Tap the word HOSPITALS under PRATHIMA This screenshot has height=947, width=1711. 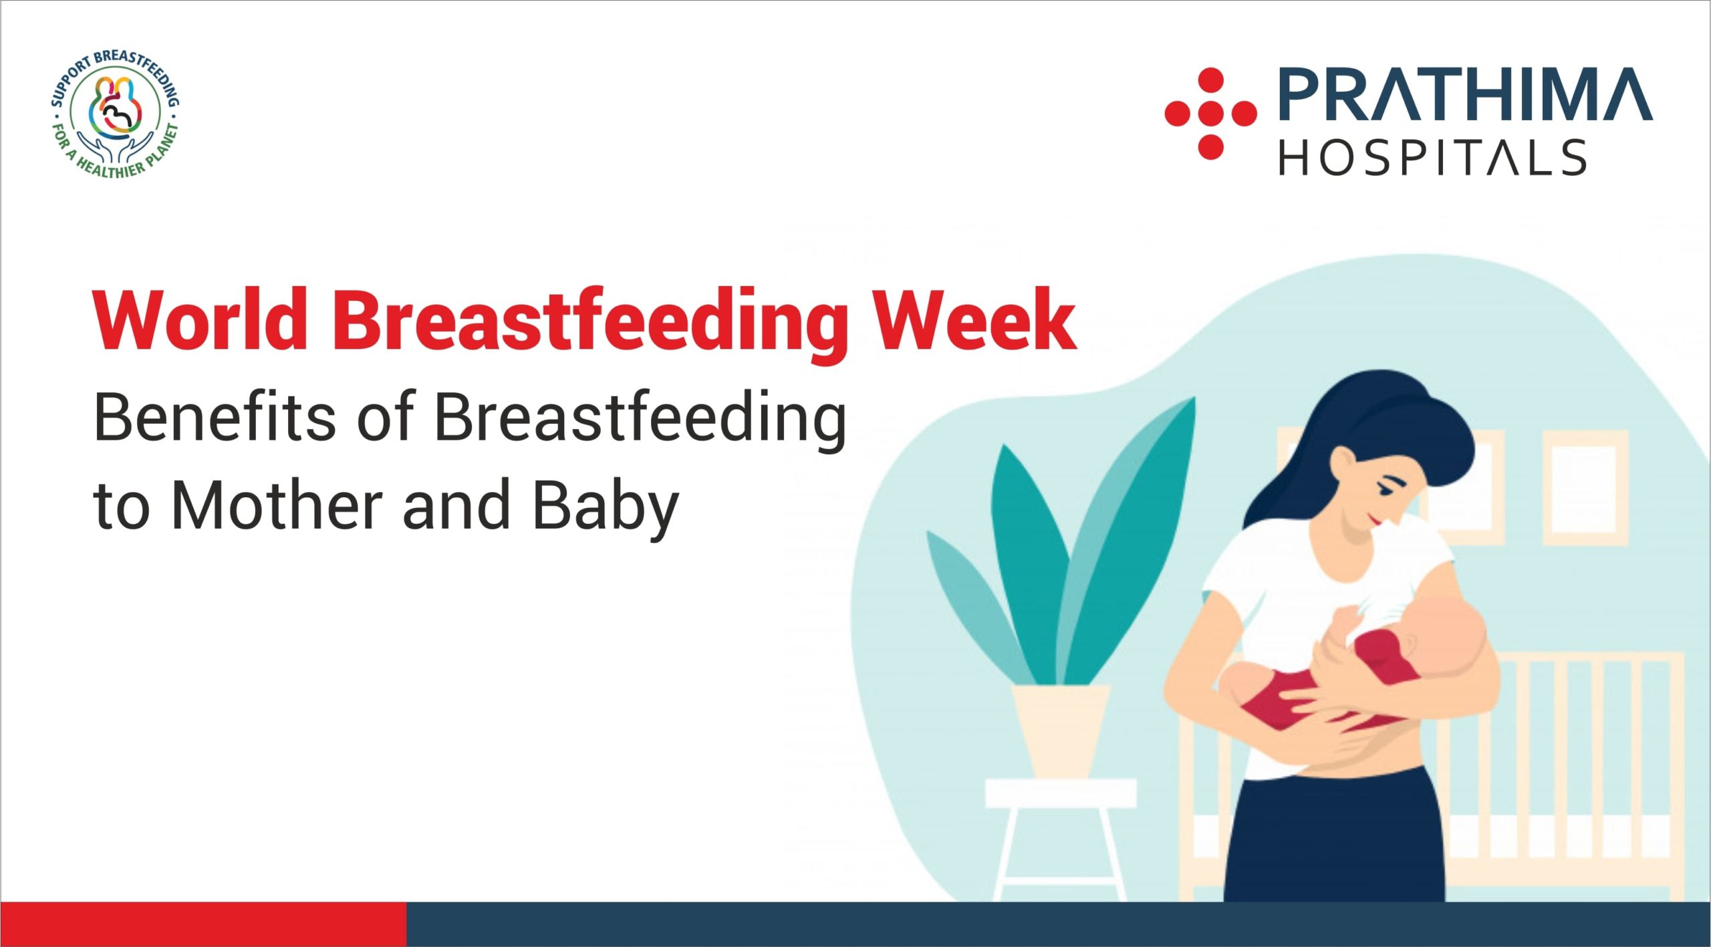click(x=1433, y=158)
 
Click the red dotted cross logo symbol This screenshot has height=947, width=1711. click(x=1210, y=114)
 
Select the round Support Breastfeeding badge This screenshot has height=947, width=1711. click(x=116, y=114)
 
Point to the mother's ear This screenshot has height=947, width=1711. click(x=1341, y=461)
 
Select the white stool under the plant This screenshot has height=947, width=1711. click(x=1061, y=839)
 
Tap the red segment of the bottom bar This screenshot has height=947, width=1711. click(x=203, y=924)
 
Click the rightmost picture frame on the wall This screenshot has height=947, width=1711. click(x=1585, y=488)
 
